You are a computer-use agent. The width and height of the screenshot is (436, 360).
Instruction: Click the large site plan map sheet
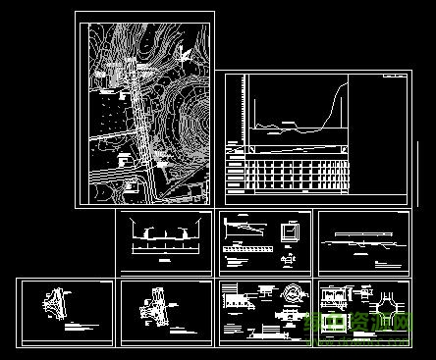[144, 108]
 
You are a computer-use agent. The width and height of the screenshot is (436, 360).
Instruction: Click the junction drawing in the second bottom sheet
[154, 306]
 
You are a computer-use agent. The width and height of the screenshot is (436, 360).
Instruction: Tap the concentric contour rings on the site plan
[187, 123]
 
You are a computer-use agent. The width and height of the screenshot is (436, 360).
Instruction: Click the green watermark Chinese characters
[363, 324]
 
